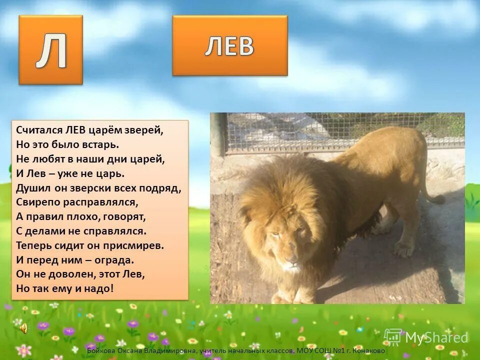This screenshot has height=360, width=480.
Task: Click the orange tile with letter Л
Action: [50, 49]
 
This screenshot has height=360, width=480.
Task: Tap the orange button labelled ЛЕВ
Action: [230, 45]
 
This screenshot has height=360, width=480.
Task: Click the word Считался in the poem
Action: [38, 130]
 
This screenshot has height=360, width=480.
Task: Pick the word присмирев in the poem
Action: [132, 246]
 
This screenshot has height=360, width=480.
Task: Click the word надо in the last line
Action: [100, 288]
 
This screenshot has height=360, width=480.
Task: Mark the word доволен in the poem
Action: [68, 274]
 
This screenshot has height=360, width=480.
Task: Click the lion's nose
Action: [290, 260]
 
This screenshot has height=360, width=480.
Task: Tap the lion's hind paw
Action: [403, 248]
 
